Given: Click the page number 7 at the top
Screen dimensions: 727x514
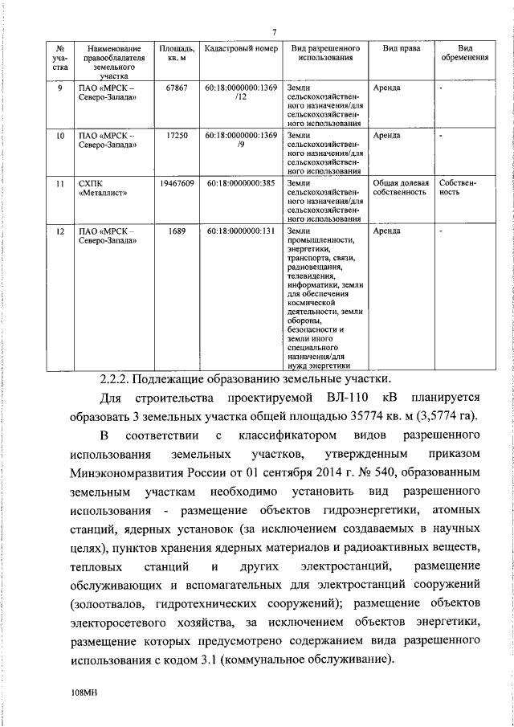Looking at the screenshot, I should (274, 31).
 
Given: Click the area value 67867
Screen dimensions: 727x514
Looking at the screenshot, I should (174, 88).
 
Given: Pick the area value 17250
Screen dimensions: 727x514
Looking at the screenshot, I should (174, 136).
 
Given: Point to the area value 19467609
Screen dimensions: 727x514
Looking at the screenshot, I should (174, 184).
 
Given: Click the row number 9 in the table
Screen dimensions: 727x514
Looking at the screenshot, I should (59, 88).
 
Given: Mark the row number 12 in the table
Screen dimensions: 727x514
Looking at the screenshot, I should (59, 232).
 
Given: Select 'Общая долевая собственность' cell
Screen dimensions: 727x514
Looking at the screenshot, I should (401, 189).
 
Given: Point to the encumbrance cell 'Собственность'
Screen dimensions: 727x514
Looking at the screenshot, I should (459, 189).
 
